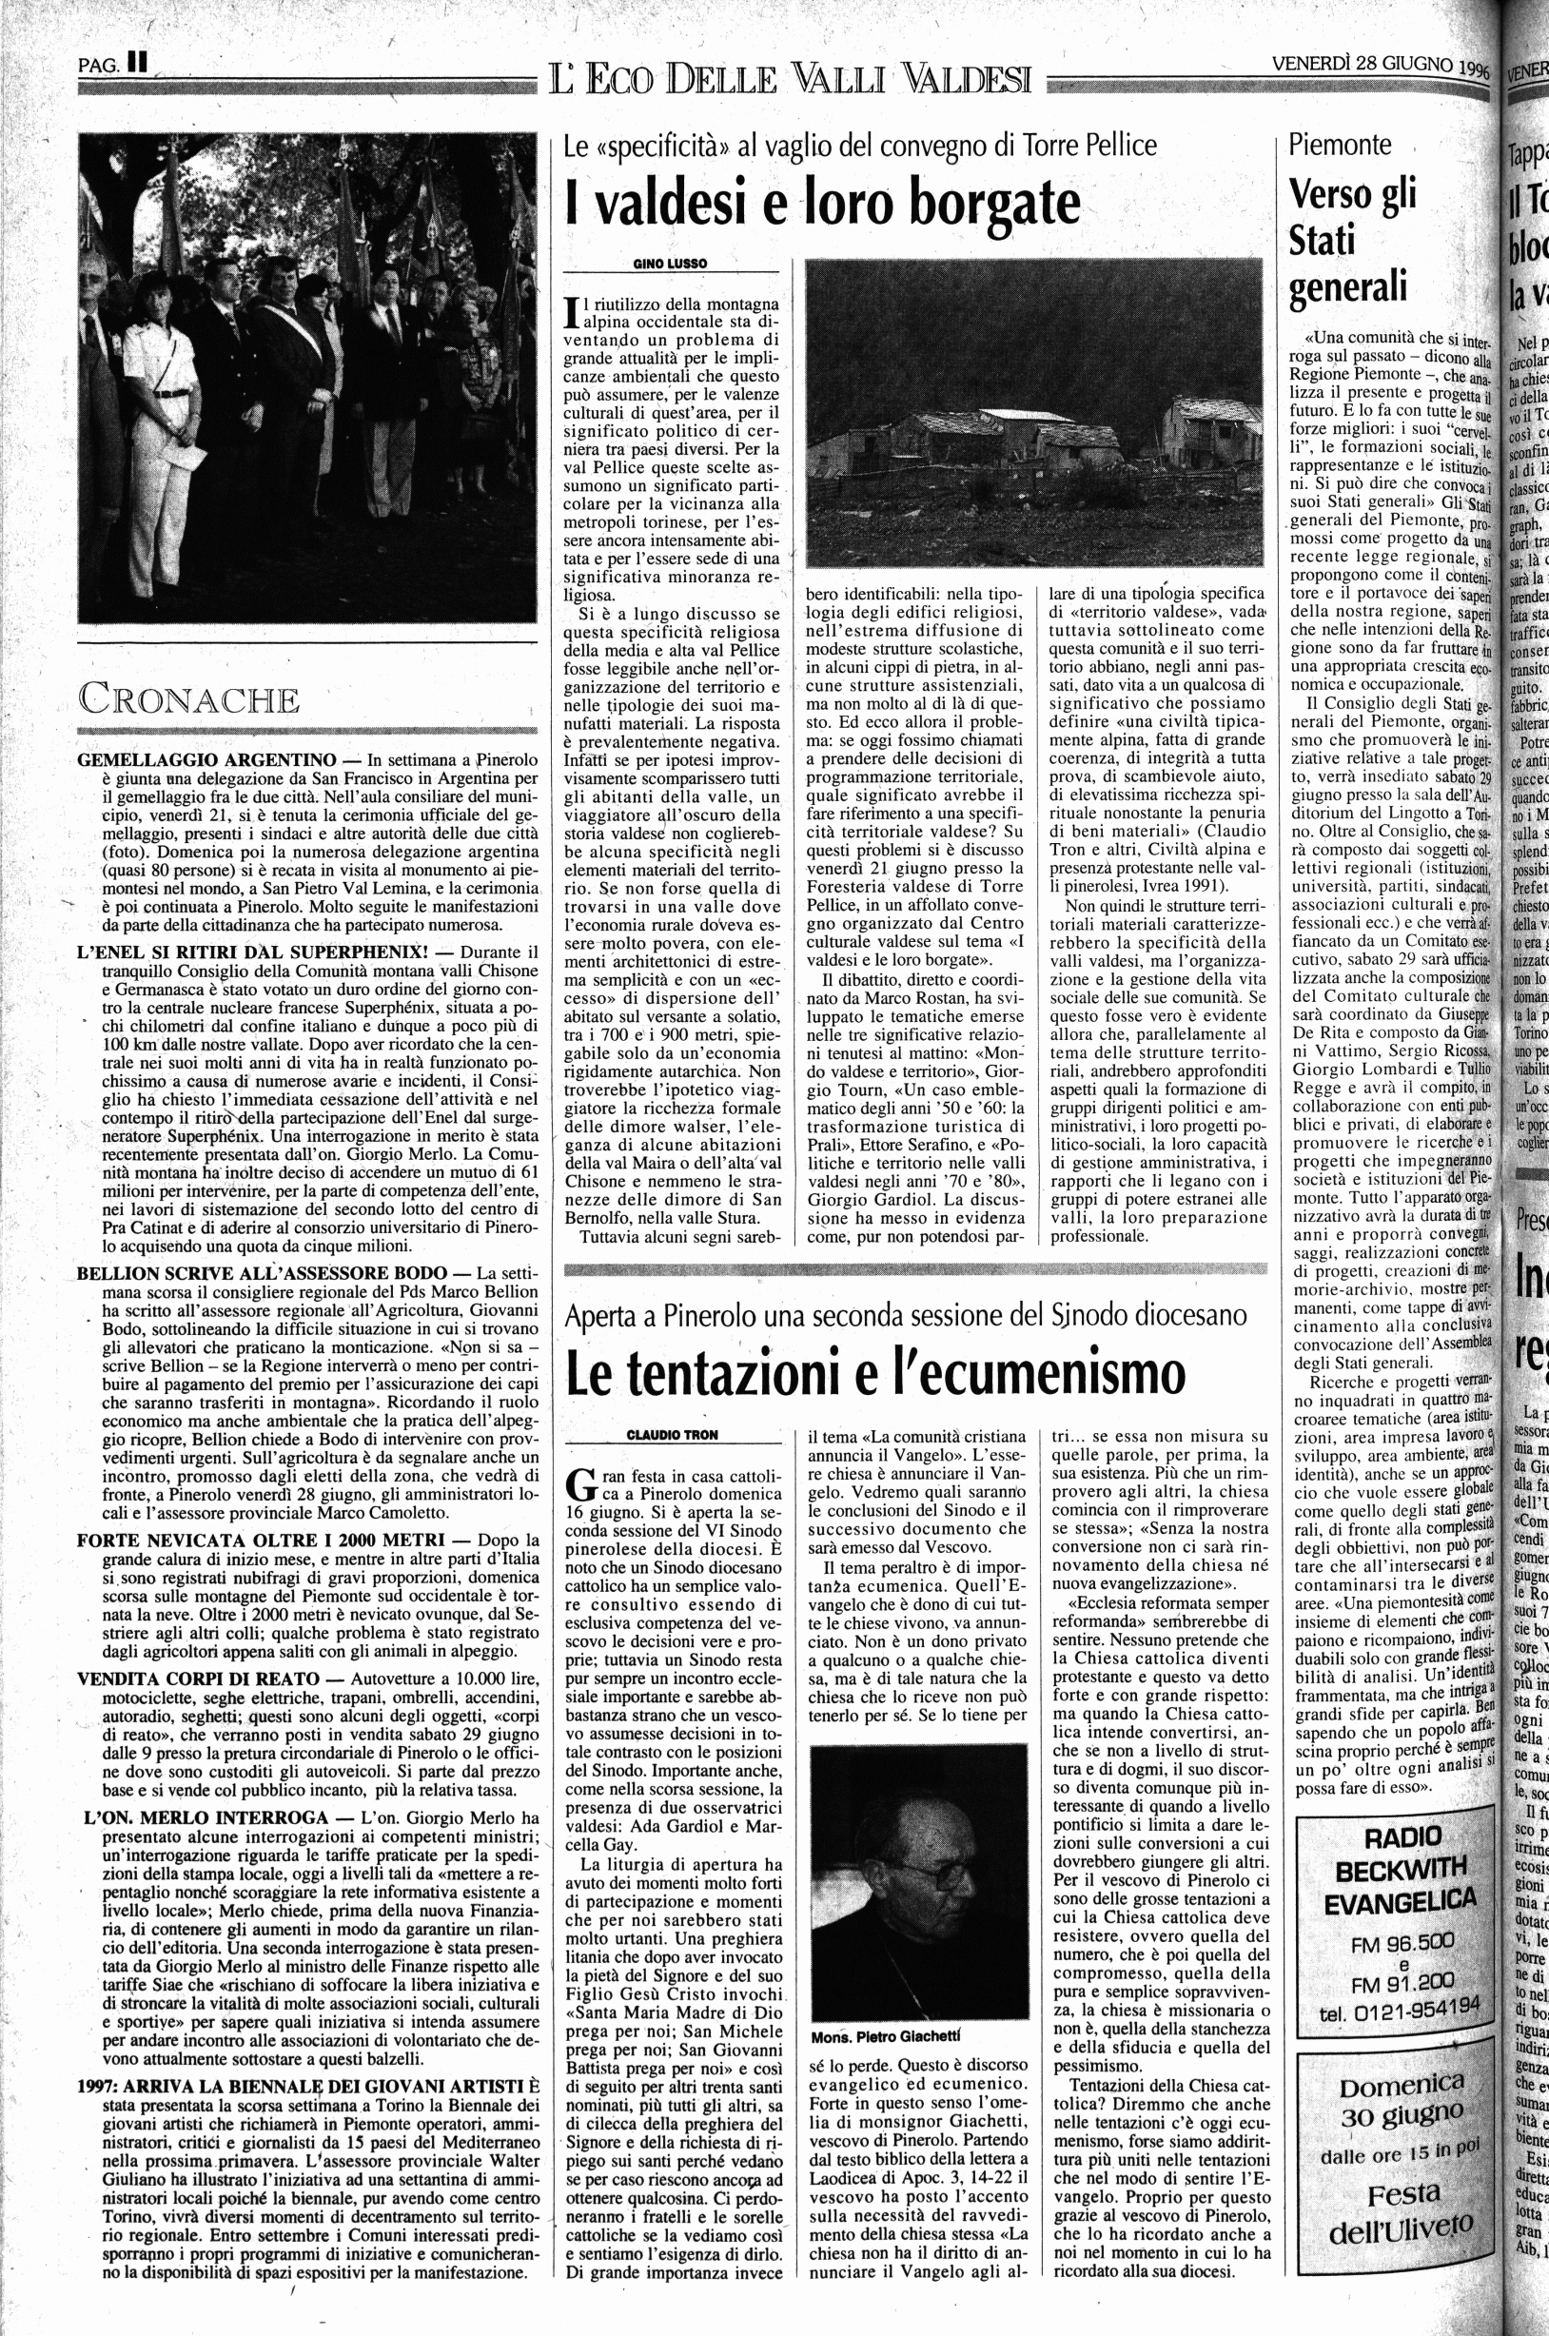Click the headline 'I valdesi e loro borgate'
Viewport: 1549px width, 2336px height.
[822, 203]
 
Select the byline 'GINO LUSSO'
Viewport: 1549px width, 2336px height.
[671, 263]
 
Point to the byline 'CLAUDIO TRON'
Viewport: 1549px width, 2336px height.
[673, 1434]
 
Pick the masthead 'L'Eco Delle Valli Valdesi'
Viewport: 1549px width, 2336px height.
[793, 77]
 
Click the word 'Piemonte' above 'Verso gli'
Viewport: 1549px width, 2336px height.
[1340, 145]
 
